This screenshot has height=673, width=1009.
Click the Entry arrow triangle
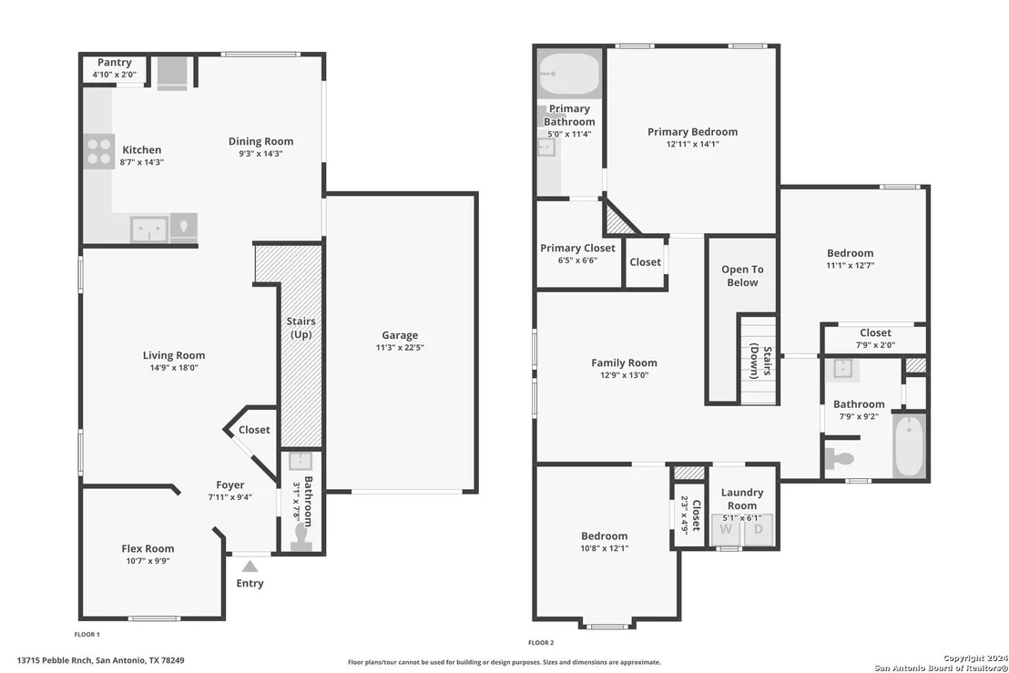[250, 566]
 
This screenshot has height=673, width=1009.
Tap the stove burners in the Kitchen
[99, 151]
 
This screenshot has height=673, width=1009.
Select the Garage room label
[400, 335]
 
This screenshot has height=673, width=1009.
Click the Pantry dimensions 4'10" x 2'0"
[115, 75]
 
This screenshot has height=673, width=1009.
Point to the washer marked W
[726, 530]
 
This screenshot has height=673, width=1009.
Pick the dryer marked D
[758, 530]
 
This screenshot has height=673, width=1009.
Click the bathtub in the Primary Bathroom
[569, 74]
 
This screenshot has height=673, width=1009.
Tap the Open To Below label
[742, 276]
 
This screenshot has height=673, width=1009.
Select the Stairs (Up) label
[301, 328]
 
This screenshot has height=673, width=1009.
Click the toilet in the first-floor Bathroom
[301, 537]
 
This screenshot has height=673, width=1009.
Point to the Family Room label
[624, 362]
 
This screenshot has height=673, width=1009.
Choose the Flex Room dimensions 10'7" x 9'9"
[148, 561]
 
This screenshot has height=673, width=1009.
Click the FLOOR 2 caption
[541, 643]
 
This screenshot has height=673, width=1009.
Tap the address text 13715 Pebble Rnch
[55, 660]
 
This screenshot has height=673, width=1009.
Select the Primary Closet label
[578, 249]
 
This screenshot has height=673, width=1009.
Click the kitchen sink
[149, 229]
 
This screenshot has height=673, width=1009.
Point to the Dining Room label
[260, 141]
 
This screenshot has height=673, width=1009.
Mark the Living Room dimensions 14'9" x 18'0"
[174, 368]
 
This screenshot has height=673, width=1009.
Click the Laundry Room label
[742, 499]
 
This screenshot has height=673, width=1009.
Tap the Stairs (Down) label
[760, 362]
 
